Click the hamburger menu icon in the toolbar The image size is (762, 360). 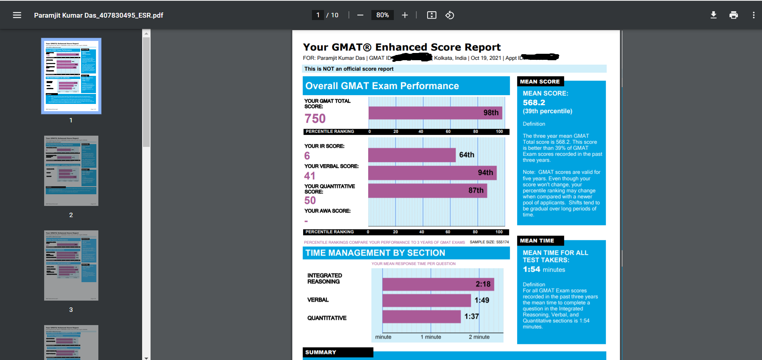(17, 15)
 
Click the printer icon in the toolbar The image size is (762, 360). (733, 15)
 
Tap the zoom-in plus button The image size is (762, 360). (405, 15)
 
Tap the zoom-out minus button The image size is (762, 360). (360, 15)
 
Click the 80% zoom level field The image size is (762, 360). (382, 15)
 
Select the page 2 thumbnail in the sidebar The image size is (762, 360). (71, 171)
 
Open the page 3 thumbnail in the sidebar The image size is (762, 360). (71, 265)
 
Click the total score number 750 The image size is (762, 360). (315, 119)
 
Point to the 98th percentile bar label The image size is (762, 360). (491, 113)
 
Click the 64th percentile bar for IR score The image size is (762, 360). (412, 155)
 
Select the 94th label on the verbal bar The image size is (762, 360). (485, 173)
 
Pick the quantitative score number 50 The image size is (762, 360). (310, 201)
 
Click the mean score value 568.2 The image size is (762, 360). (534, 103)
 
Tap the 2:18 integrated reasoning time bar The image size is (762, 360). (438, 284)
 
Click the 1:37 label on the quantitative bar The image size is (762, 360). (471, 316)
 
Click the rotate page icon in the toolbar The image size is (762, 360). (450, 15)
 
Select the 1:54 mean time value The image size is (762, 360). (532, 269)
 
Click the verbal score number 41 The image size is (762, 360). (310, 176)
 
